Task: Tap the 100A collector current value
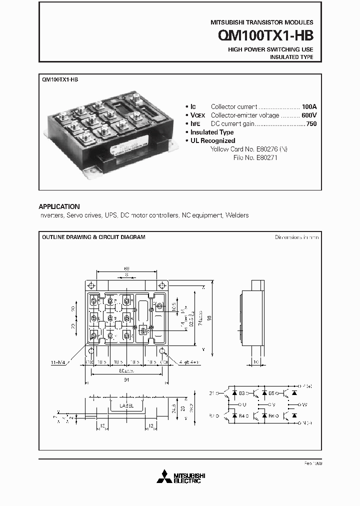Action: tap(309, 106)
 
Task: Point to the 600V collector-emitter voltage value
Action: tap(308, 115)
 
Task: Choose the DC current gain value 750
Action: tap(311, 123)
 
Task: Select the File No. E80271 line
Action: tap(255, 157)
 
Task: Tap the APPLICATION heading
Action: tap(59, 206)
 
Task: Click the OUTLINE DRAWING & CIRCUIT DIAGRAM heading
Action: tap(93, 237)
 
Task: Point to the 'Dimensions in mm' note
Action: tap(296, 237)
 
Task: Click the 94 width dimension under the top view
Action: tap(126, 380)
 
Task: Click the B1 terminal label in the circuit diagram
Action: tap(212, 393)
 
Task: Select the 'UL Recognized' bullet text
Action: tap(212, 140)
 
